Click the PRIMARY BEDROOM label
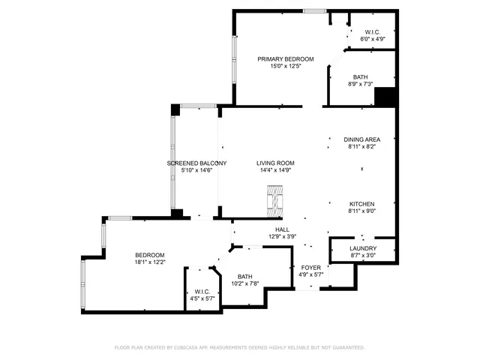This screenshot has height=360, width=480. click(285, 58)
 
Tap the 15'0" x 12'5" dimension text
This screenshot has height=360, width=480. click(285, 66)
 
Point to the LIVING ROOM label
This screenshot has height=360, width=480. click(275, 163)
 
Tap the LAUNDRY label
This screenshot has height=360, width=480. click(363, 248)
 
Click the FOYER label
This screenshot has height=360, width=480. click(311, 267)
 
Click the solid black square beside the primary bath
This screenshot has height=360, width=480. click(385, 97)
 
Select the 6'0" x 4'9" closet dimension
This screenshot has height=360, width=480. click(373, 39)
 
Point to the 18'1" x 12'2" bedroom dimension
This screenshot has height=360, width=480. click(150, 262)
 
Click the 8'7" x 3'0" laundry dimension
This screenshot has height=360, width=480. click(363, 256)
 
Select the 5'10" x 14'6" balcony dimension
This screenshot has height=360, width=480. click(196, 170)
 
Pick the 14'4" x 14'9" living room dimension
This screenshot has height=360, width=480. click(275, 170)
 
